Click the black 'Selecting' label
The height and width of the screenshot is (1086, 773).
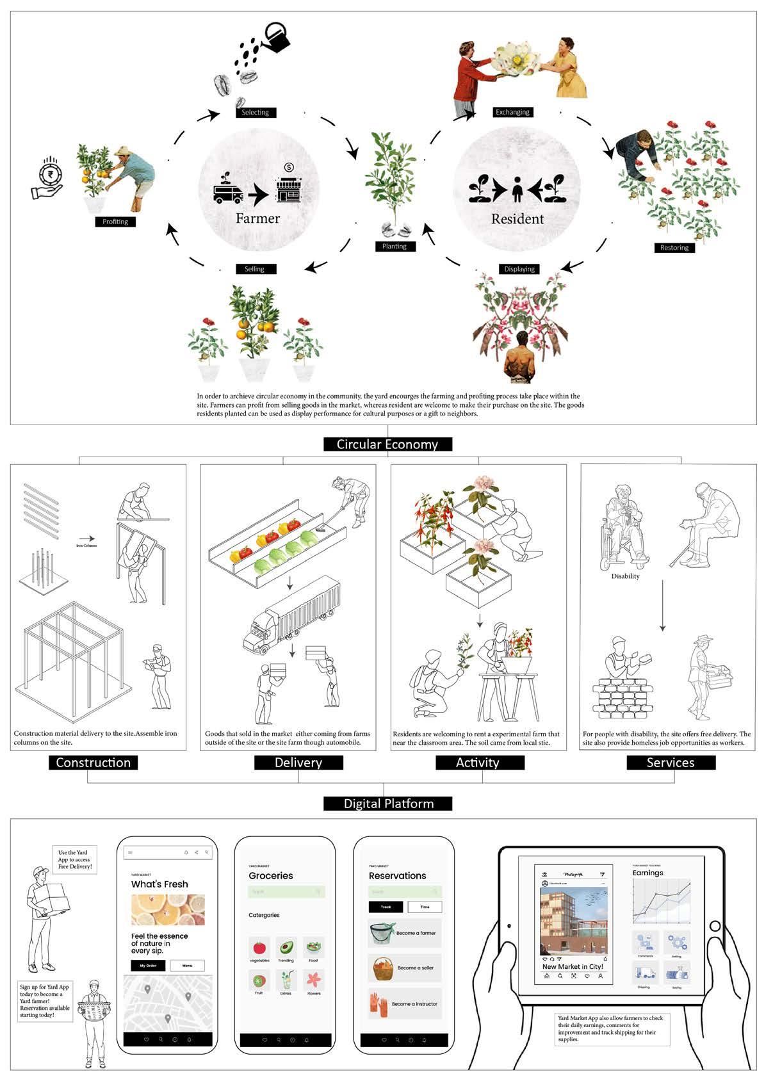tap(255, 113)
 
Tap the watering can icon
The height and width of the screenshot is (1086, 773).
tap(277, 36)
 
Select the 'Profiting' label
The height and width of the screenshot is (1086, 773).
tap(115, 222)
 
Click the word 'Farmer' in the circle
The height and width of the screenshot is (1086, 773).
tap(257, 218)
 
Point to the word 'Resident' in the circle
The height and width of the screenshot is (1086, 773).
tap(517, 219)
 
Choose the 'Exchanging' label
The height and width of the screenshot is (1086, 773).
tap(512, 112)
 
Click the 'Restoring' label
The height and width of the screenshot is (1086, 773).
tap(674, 248)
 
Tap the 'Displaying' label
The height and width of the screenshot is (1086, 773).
tap(519, 269)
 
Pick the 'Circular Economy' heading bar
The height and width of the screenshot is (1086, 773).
tap(387, 444)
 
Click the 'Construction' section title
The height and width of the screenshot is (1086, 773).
tap(94, 763)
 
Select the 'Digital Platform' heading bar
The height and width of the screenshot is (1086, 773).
tap(388, 804)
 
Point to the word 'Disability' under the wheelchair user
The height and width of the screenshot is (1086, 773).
tap(625, 576)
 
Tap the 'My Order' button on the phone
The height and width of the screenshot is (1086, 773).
tap(147, 966)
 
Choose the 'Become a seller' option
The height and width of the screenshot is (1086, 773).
tap(404, 968)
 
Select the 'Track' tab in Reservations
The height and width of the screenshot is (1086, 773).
tap(386, 907)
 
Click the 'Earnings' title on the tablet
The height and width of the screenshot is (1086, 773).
tap(647, 873)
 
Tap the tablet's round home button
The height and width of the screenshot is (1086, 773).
tap(715, 926)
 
